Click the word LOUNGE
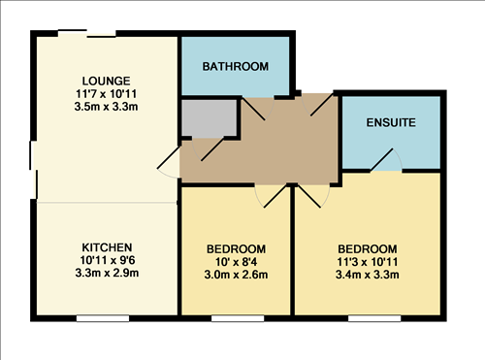(x=106, y=81)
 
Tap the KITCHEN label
(x=107, y=247)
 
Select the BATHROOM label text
(x=236, y=67)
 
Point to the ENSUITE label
(x=391, y=122)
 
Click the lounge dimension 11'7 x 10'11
(x=106, y=94)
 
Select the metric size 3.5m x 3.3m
(x=106, y=107)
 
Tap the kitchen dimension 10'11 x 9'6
(x=107, y=260)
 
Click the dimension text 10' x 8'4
(x=236, y=262)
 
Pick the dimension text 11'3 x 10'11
(x=367, y=262)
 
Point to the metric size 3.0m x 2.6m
(x=236, y=275)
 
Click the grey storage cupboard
(x=209, y=117)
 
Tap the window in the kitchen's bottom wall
(x=103, y=318)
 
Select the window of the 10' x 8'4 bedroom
(x=238, y=318)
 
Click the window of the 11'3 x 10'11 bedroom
(x=374, y=318)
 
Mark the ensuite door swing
(x=386, y=160)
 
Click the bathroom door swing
(x=258, y=109)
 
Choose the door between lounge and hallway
(x=169, y=162)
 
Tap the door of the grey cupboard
(x=208, y=148)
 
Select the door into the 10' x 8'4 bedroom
(x=271, y=196)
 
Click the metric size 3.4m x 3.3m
(x=367, y=275)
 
